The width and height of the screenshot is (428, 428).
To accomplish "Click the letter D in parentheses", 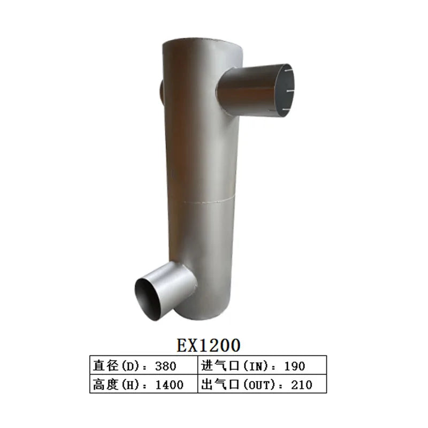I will [127, 366].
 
